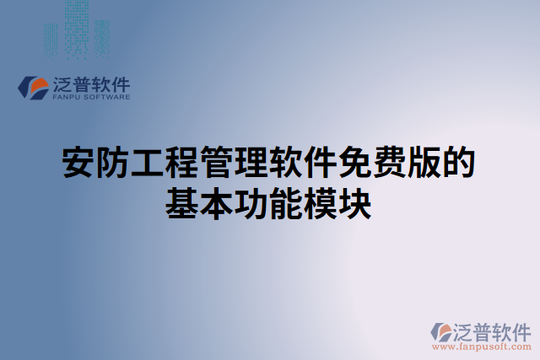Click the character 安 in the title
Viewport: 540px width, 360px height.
tap(79, 163)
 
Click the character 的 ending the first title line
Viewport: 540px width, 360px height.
tap(459, 163)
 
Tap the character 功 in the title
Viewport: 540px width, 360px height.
tap(252, 203)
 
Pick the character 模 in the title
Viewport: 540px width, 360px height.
tap(321, 203)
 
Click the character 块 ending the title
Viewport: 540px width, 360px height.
tap(355, 203)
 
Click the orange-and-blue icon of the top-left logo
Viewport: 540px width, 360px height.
tap(33, 88)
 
